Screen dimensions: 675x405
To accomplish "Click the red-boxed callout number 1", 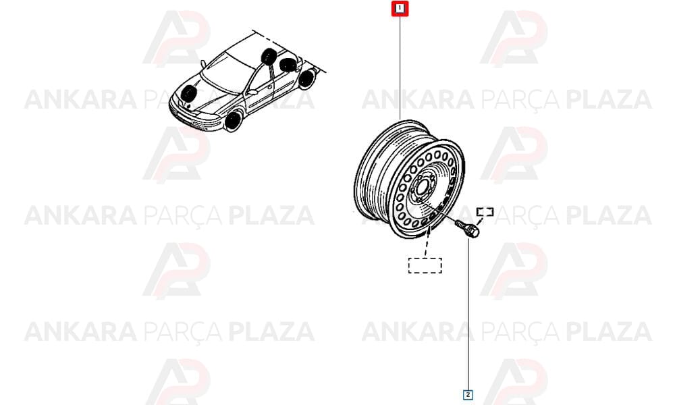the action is click(x=400, y=9).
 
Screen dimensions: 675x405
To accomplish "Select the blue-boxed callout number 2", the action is click(x=468, y=394).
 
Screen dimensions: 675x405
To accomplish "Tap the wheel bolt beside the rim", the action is click(x=467, y=227).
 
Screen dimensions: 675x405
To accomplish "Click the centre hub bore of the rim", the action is click(x=422, y=188).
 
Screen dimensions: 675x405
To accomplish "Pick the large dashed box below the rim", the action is click(x=425, y=265).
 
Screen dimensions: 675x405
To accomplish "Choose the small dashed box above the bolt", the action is click(x=485, y=211).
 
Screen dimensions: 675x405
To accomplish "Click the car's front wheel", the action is click(x=233, y=121).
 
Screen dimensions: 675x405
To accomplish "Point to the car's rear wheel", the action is click(x=306, y=79).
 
